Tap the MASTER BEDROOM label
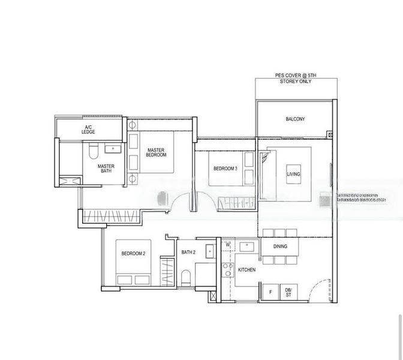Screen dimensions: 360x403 pos(156,152)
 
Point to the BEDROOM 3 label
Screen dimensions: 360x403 pos(225,169)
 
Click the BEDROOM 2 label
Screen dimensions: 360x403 pos(133,254)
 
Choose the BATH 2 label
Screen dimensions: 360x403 pos(188,253)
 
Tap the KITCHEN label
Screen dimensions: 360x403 pos(247,270)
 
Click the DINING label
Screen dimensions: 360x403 pos(280,247)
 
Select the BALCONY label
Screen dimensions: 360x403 pos(295,119)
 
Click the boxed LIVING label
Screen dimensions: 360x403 pos(294,174)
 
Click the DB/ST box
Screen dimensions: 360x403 pos(288,292)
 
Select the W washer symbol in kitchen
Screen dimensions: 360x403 pos(228,245)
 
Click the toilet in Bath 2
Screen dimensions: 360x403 pos(187,277)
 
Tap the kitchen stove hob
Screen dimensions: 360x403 pos(226,269)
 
